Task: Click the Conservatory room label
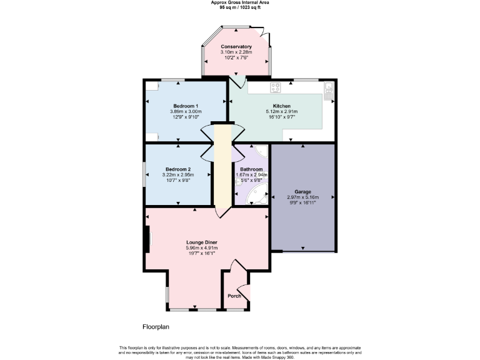point(236,47)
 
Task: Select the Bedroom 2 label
point(178,169)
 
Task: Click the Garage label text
point(302,192)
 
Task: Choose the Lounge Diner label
point(201,242)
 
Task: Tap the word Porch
point(234,296)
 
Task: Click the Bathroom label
point(251,169)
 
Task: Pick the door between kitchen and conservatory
point(236,81)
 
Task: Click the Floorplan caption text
point(155,326)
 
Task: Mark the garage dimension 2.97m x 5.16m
point(302,197)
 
